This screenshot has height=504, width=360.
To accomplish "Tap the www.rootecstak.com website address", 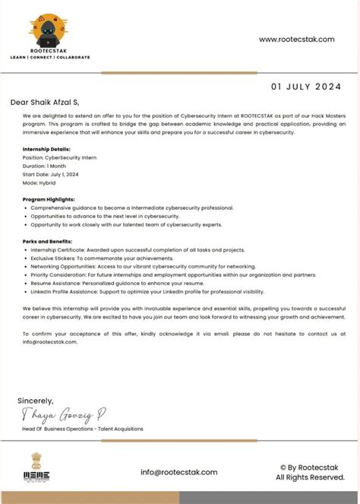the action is click(296, 40).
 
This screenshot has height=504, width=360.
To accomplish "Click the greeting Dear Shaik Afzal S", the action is click(45, 102).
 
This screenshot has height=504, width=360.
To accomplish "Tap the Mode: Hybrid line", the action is click(40, 183).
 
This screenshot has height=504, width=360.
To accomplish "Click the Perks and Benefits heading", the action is click(48, 240).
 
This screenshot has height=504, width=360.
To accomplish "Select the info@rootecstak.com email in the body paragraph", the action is click(50, 342).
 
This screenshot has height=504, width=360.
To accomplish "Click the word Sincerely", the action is click(36, 401).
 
